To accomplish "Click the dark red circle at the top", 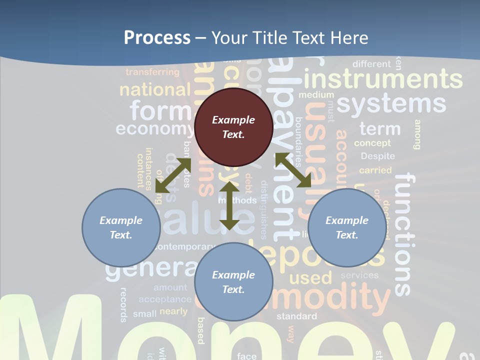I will pyautogui.click(x=233, y=127).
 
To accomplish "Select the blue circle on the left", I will pyautogui.click(x=121, y=227).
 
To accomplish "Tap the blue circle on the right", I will pyautogui.click(x=347, y=227).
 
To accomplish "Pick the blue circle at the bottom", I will pyautogui.click(x=233, y=282).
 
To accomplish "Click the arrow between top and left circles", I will pyautogui.click(x=173, y=175).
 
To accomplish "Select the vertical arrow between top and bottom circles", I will pyautogui.click(x=229, y=206).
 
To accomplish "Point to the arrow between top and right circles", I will pyautogui.click(x=293, y=170).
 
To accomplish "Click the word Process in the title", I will pyautogui.click(x=157, y=37).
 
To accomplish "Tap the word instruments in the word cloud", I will pyautogui.click(x=383, y=79).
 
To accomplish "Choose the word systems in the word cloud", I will pyautogui.click(x=391, y=103).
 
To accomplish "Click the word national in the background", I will pyautogui.click(x=155, y=90).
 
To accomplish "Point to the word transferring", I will pyautogui.click(x=152, y=72).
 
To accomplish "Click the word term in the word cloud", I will pyautogui.click(x=380, y=128).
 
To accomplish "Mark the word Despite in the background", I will pyautogui.click(x=377, y=156).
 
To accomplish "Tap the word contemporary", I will pyautogui.click(x=184, y=246).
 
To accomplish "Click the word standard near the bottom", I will pyautogui.click(x=296, y=316).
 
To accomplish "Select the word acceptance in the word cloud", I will pyautogui.click(x=165, y=299).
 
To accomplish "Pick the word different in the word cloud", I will pyautogui.click(x=371, y=64).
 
